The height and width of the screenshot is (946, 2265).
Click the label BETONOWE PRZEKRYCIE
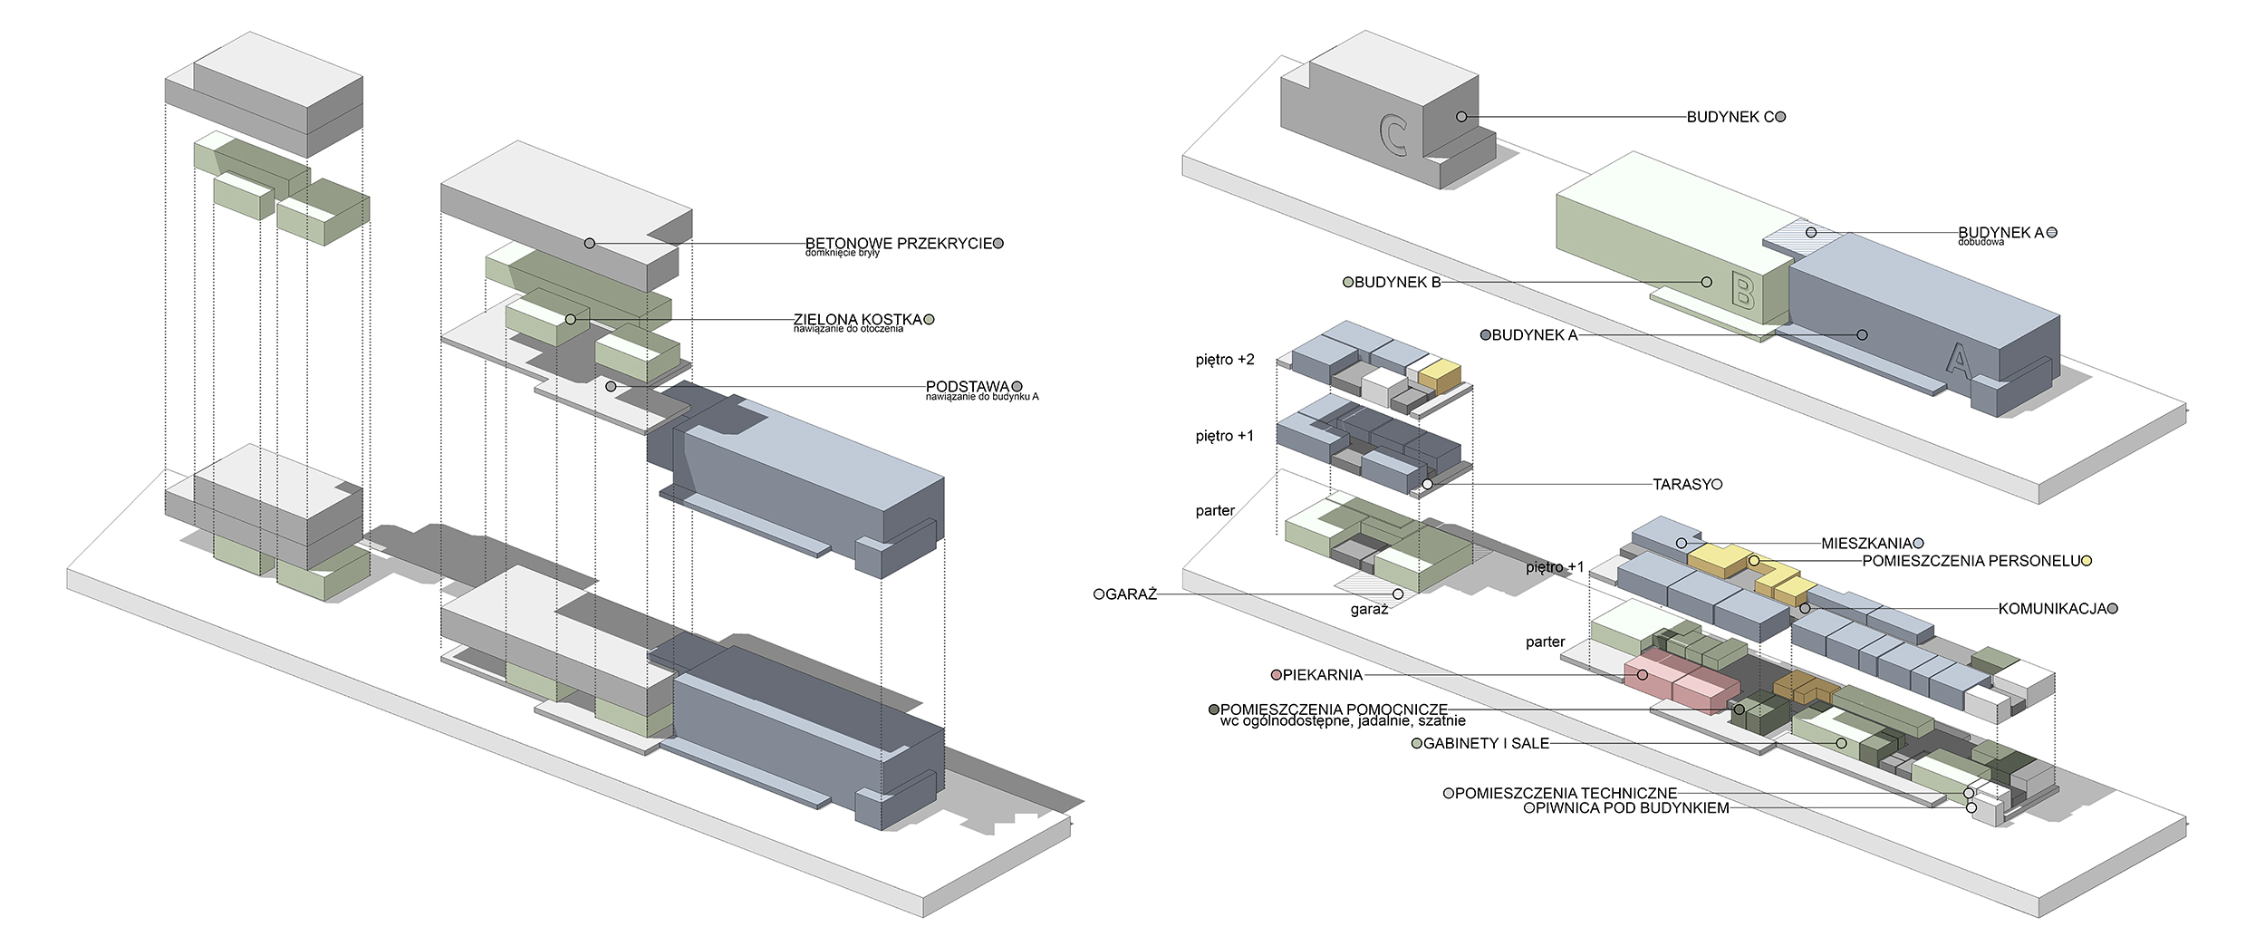[899, 243]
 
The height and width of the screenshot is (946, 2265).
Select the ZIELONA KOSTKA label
[857, 319]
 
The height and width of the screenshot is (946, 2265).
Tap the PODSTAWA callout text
[967, 387]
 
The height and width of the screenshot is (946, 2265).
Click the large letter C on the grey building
[1393, 135]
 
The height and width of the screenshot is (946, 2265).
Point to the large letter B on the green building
[1741, 292]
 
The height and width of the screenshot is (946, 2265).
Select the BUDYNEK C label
[1730, 117]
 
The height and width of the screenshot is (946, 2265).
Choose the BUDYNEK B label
[1397, 283]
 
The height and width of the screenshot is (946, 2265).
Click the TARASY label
[1681, 485]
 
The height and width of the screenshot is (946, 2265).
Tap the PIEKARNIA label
[1322, 675]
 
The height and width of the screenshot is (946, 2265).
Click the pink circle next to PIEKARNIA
[1277, 675]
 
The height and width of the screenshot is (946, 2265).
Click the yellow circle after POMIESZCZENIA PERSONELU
[2087, 561]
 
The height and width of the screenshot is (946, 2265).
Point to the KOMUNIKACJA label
[2052, 609]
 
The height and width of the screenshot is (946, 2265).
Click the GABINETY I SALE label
[1486, 744]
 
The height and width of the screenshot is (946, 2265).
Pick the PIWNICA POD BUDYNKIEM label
[1632, 808]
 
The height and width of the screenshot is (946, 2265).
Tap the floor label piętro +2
[1225, 360]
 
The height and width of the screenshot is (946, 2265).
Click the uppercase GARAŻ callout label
[1131, 595]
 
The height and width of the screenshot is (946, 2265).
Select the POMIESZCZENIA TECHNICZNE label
[1566, 794]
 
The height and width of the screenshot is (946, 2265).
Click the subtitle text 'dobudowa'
[1981, 243]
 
